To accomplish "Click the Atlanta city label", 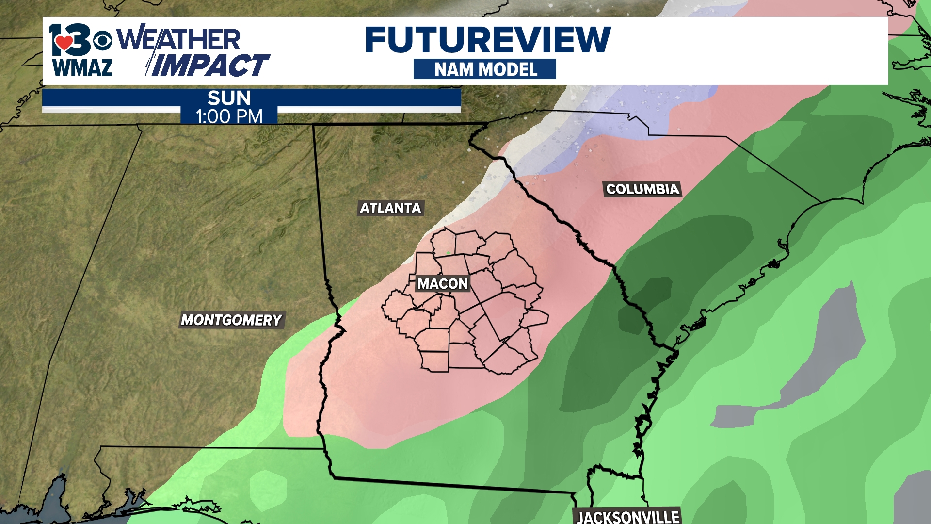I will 390,208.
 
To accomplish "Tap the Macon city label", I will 443,284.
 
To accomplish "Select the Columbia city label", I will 642,189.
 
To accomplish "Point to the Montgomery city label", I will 231,320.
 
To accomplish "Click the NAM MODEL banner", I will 485,69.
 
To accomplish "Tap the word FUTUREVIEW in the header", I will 487,40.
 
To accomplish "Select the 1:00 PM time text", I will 229,116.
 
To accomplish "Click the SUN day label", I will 229,98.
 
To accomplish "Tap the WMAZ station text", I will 82,67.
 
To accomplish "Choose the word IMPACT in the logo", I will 209,65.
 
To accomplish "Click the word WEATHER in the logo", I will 178,39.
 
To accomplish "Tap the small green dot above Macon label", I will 449,253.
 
